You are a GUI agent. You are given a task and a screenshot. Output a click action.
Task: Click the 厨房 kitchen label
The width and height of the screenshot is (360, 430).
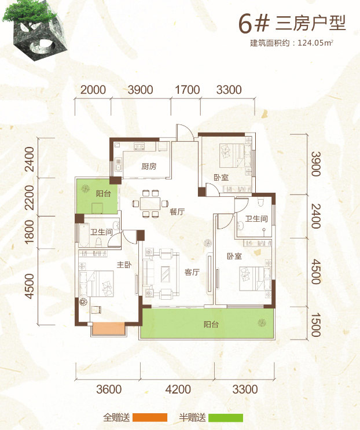[x=149, y=166]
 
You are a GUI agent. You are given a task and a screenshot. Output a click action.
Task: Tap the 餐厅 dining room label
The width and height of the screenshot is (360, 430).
[x=177, y=211]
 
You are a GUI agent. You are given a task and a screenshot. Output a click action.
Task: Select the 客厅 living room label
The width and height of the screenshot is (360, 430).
[x=192, y=272]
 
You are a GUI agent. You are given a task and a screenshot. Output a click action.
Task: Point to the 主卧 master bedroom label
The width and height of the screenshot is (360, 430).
[x=124, y=264]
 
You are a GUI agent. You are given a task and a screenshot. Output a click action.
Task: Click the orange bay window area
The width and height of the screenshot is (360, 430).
[x=109, y=328]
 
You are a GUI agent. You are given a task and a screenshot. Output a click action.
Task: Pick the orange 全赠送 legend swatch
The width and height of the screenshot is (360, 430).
[x=150, y=417]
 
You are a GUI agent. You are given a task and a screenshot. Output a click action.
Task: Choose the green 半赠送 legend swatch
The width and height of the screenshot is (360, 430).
[x=226, y=417]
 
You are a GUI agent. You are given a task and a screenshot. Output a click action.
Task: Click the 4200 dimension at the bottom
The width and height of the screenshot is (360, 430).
[x=178, y=389]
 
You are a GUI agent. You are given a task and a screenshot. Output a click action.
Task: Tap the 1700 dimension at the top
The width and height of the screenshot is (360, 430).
[x=188, y=90]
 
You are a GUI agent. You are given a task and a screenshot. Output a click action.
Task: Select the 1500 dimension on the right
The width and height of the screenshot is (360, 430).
[x=315, y=325]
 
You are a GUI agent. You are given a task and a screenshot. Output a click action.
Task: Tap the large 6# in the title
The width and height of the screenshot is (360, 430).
[x=253, y=24]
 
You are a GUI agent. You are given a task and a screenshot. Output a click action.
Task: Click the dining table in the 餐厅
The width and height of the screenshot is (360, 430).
[x=150, y=204]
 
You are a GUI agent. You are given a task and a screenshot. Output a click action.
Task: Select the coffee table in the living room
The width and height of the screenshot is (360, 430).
[x=166, y=274]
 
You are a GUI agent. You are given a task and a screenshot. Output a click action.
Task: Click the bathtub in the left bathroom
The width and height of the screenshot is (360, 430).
[x=83, y=236]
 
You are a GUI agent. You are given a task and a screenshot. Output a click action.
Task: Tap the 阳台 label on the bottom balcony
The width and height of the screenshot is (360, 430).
[x=211, y=325]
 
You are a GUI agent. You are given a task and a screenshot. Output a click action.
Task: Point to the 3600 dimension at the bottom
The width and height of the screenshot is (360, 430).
[x=109, y=389]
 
